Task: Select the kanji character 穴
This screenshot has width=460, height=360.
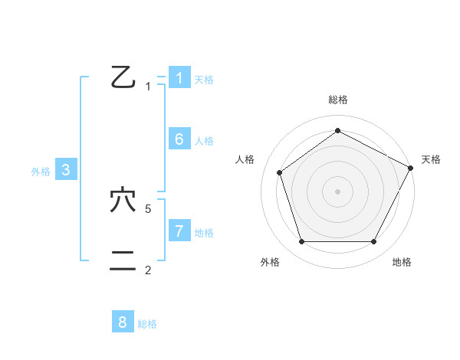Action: click(x=123, y=201)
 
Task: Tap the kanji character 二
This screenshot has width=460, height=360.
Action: click(x=123, y=261)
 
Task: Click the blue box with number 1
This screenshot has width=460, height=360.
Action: click(x=179, y=77)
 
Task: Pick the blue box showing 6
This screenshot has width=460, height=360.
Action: click(x=179, y=139)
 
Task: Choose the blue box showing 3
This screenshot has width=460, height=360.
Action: click(x=66, y=170)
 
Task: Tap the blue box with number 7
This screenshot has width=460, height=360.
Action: click(x=179, y=231)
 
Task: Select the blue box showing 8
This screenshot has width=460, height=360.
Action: click(x=123, y=322)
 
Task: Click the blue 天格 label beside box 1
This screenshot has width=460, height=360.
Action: click(x=204, y=79)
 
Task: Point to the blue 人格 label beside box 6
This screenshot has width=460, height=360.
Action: click(x=204, y=140)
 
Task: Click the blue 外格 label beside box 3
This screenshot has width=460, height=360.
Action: click(x=41, y=172)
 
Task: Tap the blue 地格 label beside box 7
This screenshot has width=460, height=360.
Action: click(x=204, y=232)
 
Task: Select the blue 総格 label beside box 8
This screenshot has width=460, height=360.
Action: click(x=147, y=324)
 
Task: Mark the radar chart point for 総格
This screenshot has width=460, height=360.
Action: click(x=337, y=130)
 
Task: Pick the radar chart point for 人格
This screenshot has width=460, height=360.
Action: click(x=279, y=172)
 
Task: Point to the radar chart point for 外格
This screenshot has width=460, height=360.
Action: click(x=301, y=241)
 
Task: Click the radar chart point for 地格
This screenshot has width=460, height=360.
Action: click(x=373, y=241)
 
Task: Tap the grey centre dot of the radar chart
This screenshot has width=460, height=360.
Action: click(x=337, y=191)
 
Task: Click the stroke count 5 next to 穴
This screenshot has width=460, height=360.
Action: click(x=149, y=208)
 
